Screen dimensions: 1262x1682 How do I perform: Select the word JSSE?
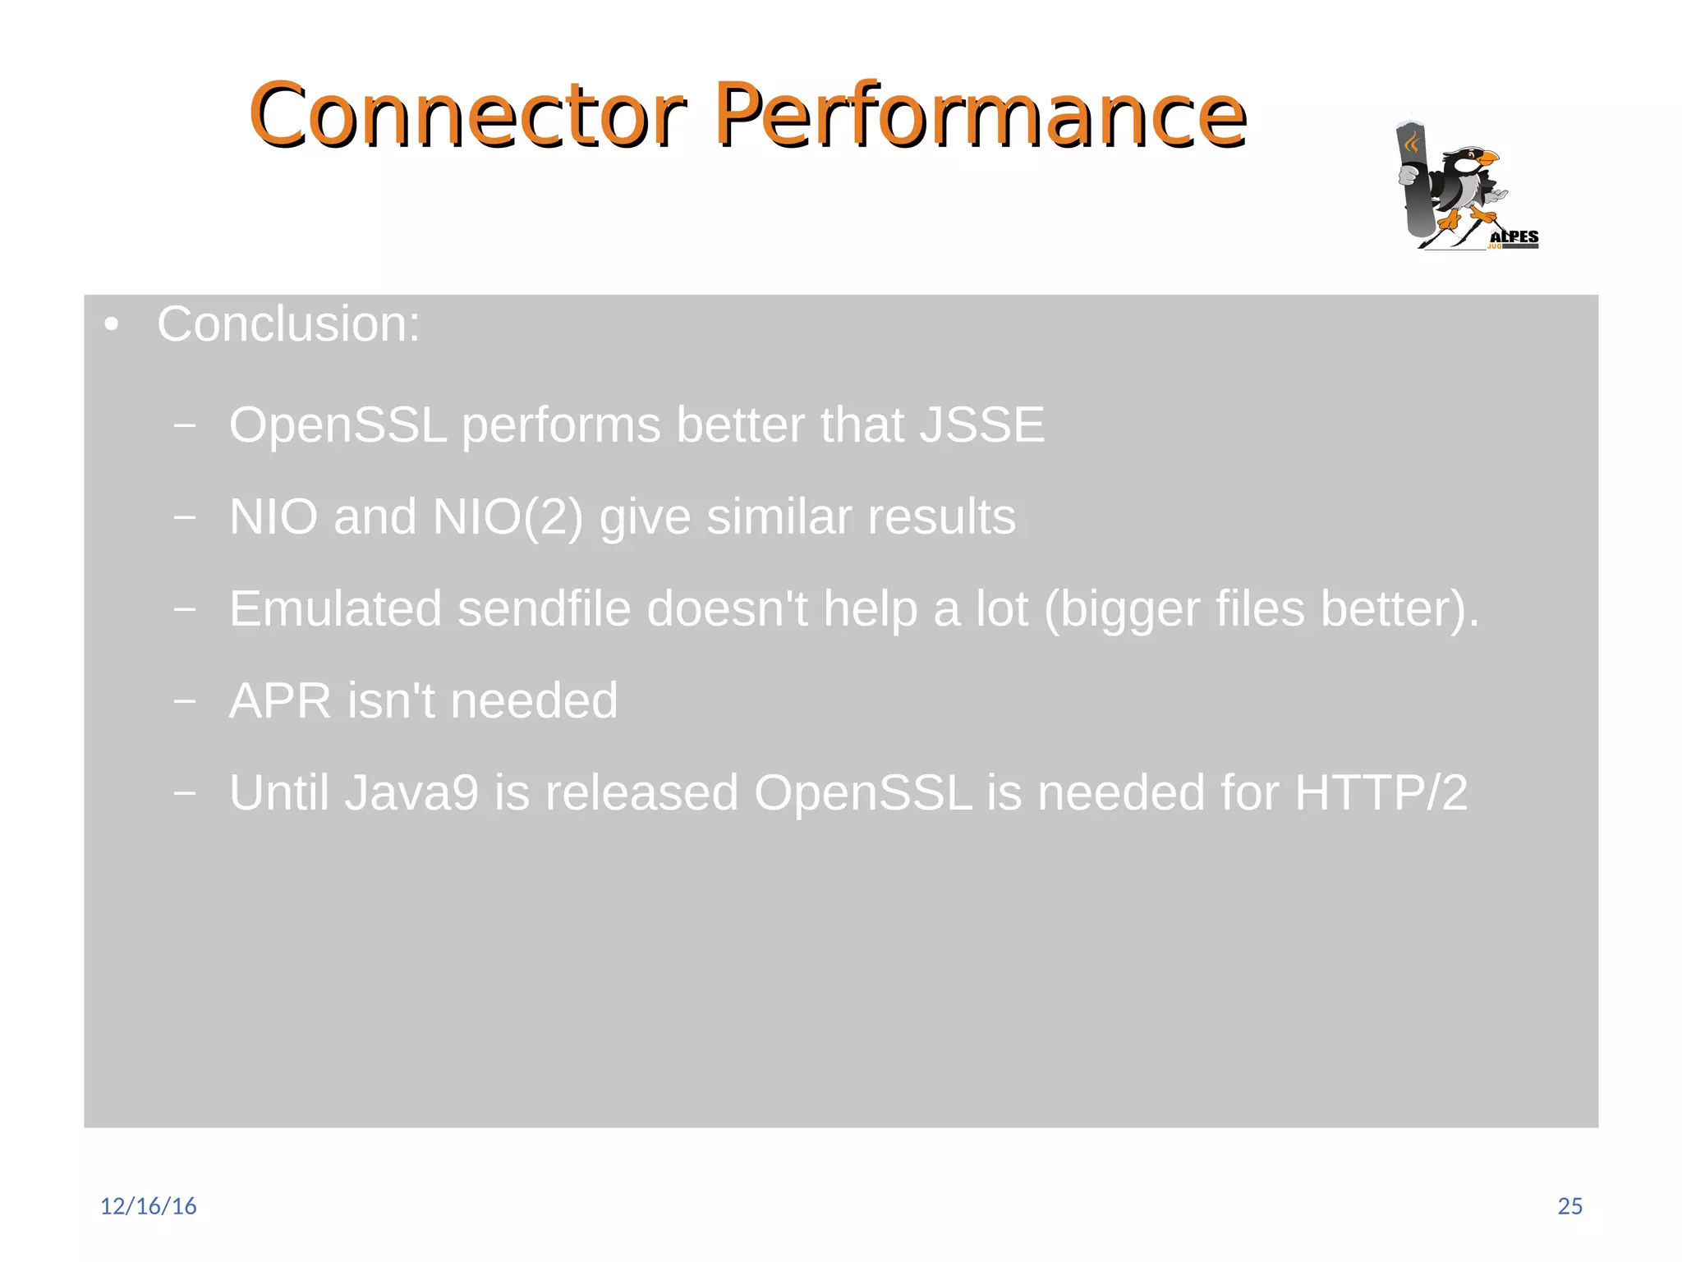coord(981,425)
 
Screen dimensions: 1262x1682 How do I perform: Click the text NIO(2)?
coord(508,517)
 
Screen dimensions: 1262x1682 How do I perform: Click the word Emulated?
coord(335,609)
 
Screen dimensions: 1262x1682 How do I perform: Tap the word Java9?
coord(411,793)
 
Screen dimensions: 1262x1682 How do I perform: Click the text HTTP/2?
coord(1381,793)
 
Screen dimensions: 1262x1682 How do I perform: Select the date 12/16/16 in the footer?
coord(149,1206)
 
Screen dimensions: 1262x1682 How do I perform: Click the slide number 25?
coord(1569,1206)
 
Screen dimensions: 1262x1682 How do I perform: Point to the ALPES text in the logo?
coord(1514,237)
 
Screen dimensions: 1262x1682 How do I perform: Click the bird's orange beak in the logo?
coord(1487,157)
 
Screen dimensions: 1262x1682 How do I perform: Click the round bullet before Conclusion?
coord(112,325)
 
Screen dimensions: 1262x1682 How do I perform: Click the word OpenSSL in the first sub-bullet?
coord(338,425)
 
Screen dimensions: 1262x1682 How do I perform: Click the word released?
coord(641,793)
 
